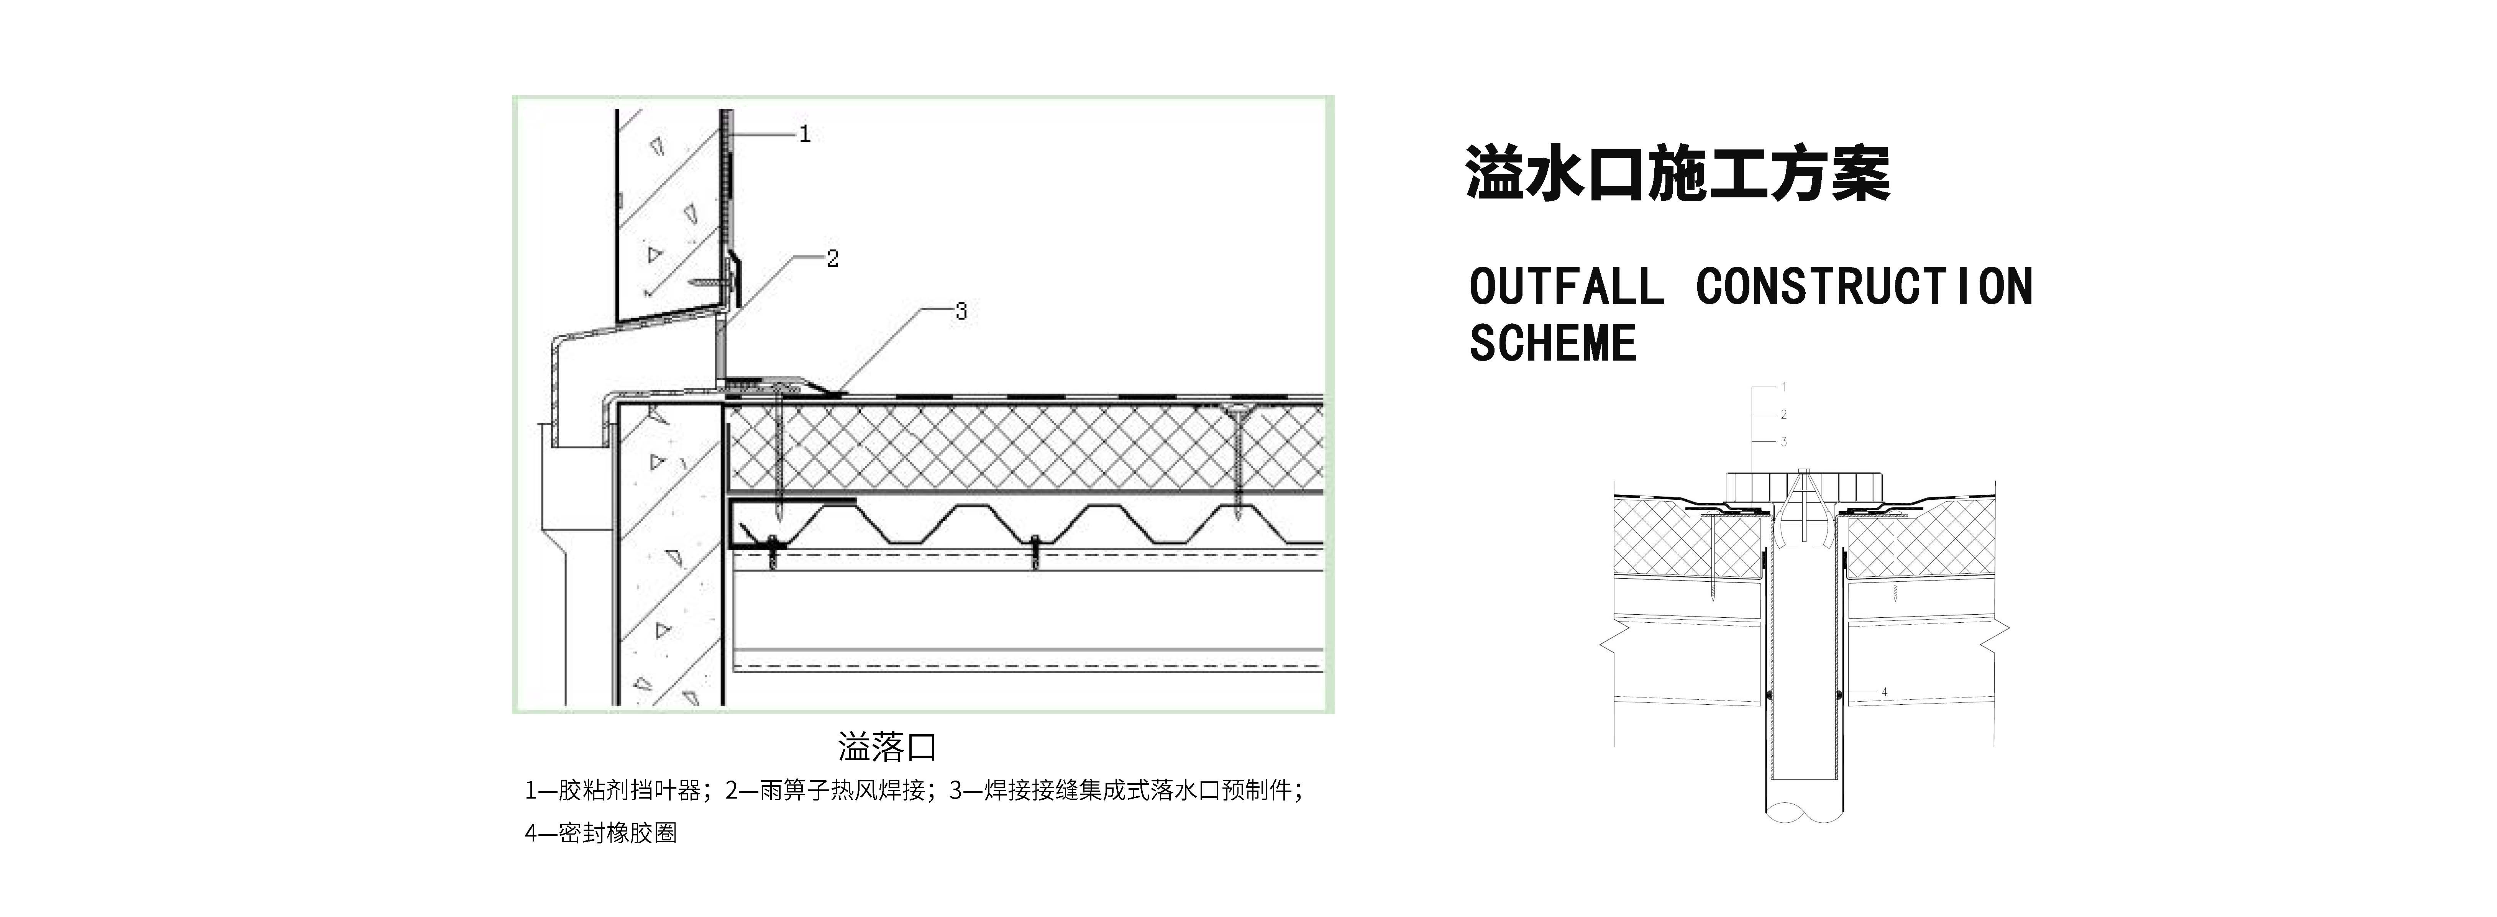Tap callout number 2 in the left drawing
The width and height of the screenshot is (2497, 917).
(x=832, y=259)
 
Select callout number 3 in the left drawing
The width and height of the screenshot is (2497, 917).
(x=961, y=311)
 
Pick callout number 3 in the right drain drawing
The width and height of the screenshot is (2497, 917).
(x=1783, y=442)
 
